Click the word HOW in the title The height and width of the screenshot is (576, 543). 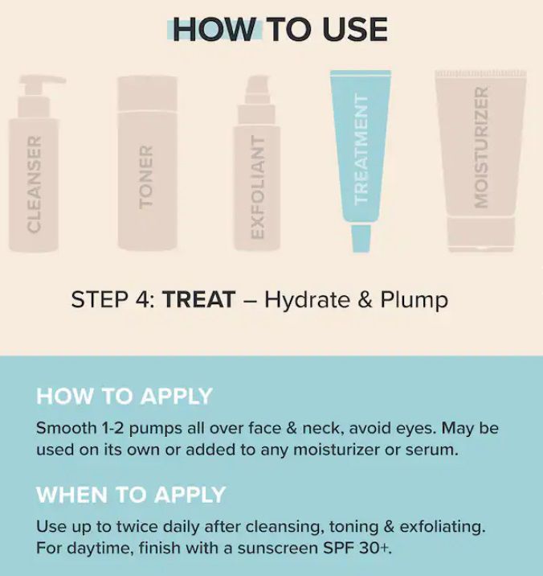(214, 30)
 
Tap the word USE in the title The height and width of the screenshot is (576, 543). (355, 30)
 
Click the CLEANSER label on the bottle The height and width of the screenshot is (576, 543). (34, 184)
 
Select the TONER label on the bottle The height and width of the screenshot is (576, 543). (146, 178)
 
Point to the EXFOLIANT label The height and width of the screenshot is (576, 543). (258, 187)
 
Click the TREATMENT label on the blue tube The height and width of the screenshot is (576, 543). (361, 149)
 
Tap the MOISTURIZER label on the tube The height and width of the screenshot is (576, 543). (481, 147)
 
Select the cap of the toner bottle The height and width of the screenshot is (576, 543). (147, 93)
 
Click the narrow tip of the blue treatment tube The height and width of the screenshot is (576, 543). (361, 238)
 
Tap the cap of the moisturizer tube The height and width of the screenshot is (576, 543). (481, 234)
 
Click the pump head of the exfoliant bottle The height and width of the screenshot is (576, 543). (258, 89)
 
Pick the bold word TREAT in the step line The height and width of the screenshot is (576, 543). (198, 299)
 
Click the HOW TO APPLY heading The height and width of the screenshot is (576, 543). (125, 397)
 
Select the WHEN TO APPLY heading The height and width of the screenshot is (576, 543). (131, 495)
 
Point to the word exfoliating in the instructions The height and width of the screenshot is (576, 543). (442, 528)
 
